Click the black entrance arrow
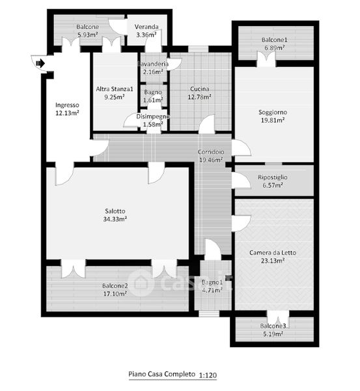(x=40, y=63)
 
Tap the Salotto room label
(x=115, y=211)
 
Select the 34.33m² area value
(x=115, y=219)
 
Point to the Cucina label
(x=199, y=89)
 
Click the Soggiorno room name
(x=273, y=113)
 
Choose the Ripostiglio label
(x=273, y=177)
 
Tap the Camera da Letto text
(x=273, y=253)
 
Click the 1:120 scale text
(x=208, y=375)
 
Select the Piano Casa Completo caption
(x=161, y=374)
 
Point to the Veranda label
(x=146, y=27)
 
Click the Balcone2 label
(x=115, y=286)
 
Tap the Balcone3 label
(x=273, y=326)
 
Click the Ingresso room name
(x=67, y=105)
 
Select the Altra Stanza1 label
(x=115, y=89)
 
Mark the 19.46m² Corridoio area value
(x=211, y=160)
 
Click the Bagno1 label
(x=212, y=283)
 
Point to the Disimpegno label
(x=153, y=117)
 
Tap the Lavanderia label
(x=153, y=64)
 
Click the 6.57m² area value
(x=273, y=185)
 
